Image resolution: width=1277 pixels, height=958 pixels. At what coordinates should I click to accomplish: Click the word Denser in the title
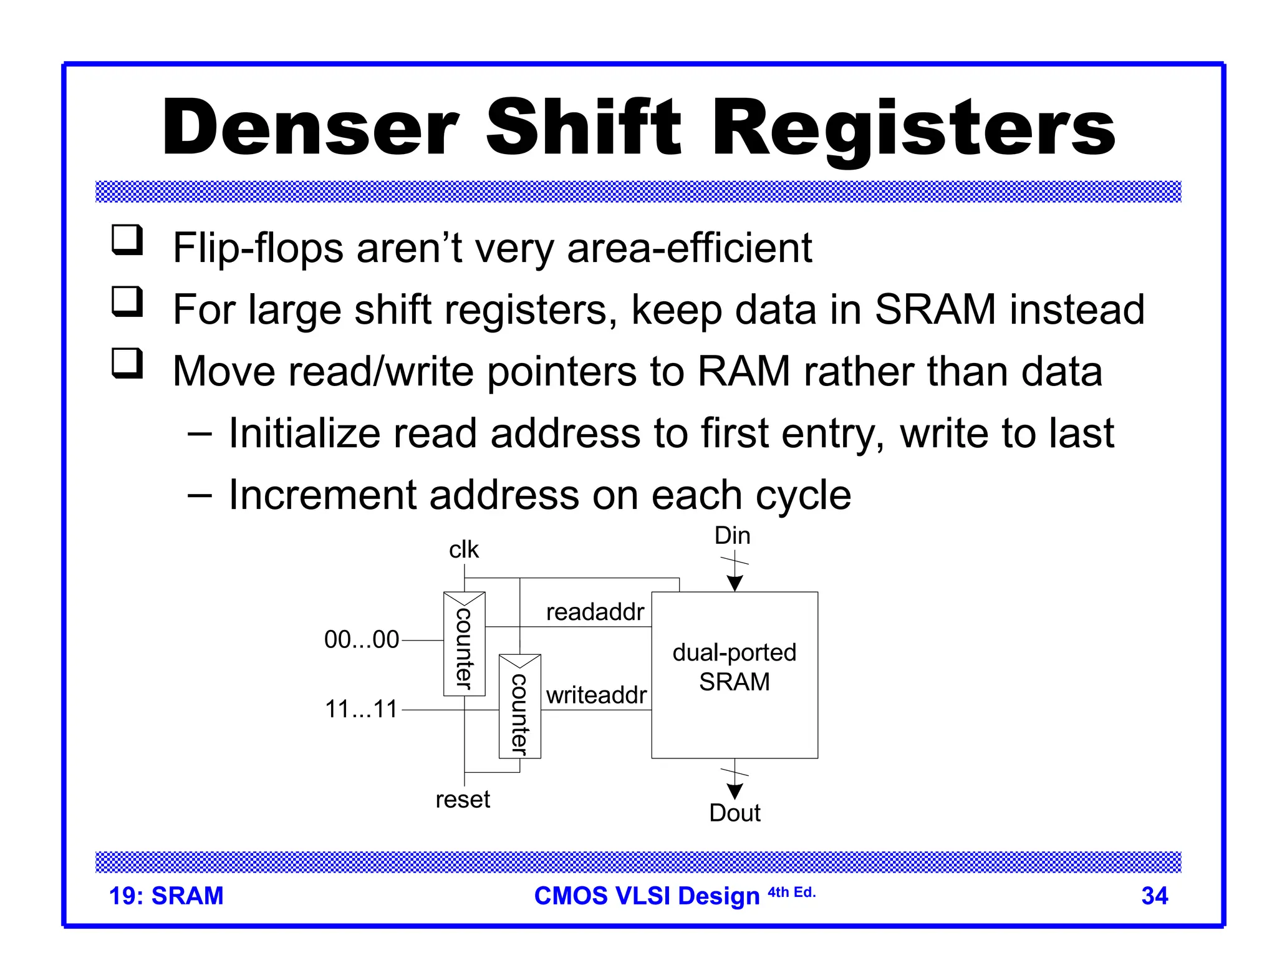pos(310,128)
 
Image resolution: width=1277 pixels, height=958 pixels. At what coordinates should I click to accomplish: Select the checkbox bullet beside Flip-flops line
pos(127,241)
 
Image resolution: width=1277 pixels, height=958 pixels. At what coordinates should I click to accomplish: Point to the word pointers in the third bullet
pos(561,372)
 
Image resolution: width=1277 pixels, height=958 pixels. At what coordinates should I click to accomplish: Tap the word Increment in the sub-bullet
pos(322,495)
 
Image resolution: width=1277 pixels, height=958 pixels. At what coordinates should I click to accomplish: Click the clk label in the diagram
pos(464,549)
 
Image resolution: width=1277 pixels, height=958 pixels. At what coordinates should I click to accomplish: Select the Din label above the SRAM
pos(732,536)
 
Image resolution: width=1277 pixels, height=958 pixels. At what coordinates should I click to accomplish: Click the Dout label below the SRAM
pos(735,813)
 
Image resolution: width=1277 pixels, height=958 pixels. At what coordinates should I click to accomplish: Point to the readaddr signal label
pos(595,612)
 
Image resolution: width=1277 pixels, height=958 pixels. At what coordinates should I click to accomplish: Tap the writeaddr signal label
pos(596,695)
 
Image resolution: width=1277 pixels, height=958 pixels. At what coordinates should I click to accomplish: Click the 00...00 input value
pos(362,639)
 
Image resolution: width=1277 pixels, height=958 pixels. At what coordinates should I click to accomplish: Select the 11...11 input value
pos(362,709)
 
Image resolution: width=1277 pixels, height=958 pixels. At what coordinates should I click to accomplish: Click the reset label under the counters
pos(463,799)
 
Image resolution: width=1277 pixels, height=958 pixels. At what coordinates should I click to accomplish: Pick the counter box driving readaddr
pos(464,644)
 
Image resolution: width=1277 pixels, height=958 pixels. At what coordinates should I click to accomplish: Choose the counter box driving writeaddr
pos(519,707)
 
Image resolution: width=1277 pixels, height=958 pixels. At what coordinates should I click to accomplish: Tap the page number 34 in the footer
pos(1154,896)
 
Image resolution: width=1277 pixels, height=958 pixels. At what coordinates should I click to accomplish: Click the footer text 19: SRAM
pos(166,896)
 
